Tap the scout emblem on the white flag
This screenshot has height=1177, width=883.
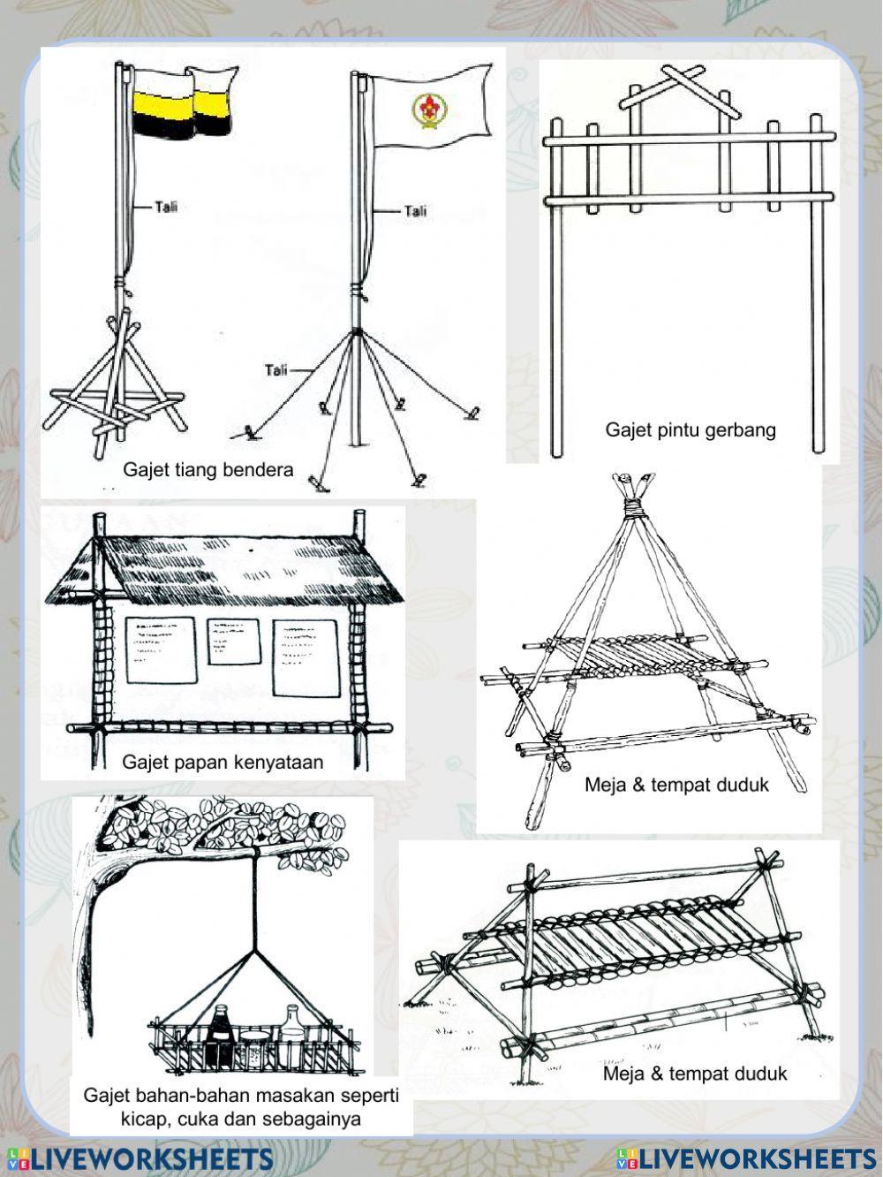[426, 109]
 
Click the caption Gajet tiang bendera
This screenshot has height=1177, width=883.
[208, 469]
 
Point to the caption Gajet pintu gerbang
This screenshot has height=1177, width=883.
[690, 429]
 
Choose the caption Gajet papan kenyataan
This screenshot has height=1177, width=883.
[223, 762]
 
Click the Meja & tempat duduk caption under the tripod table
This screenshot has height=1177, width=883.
[676, 785]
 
